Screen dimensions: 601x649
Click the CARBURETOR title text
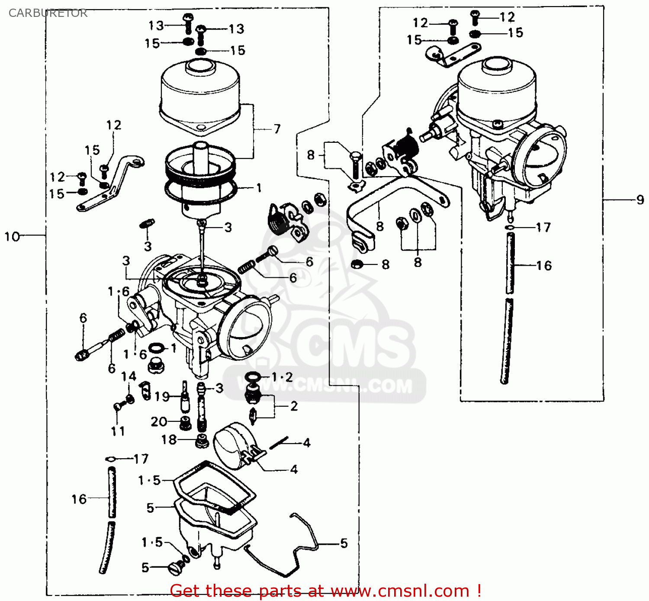(48, 13)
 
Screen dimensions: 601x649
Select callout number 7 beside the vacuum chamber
(277, 129)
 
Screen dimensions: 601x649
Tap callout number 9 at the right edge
(640, 200)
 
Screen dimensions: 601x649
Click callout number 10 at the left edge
(12, 236)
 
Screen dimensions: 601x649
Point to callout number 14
(129, 376)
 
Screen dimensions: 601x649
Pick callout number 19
(162, 396)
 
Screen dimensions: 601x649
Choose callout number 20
(159, 421)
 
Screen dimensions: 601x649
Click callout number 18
(169, 440)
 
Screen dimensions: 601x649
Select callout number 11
(118, 431)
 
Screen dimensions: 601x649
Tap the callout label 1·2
(282, 377)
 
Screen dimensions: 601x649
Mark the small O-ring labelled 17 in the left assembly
(111, 459)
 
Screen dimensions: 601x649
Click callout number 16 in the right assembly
(544, 265)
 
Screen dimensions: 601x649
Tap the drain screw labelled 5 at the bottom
(175, 567)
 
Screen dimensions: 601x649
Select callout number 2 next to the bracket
(294, 406)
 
